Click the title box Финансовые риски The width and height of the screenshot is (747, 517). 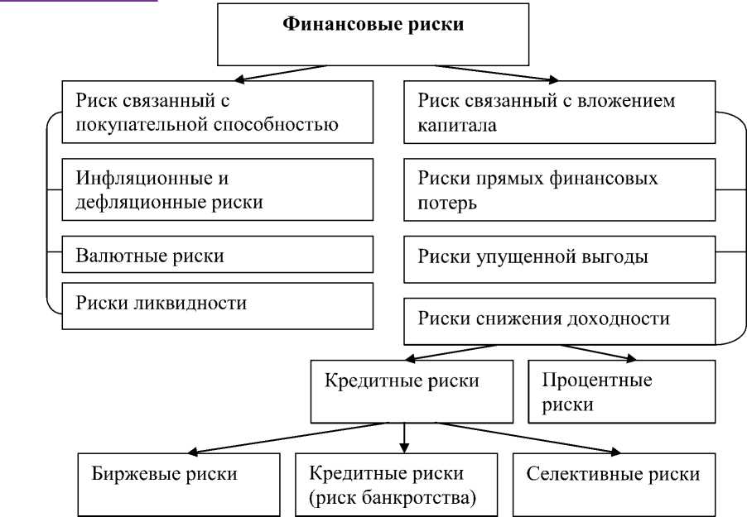pos(373,35)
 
